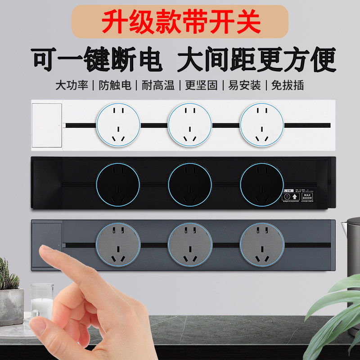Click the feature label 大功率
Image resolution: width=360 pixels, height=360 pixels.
[72, 85]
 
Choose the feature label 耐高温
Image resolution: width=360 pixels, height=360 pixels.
[158, 85]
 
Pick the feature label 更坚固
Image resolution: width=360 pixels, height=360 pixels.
[201, 85]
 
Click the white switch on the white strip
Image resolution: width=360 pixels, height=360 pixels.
[47, 126]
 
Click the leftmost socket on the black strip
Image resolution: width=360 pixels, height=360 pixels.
[118, 184]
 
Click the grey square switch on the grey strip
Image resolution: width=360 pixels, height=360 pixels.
[47, 246]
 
